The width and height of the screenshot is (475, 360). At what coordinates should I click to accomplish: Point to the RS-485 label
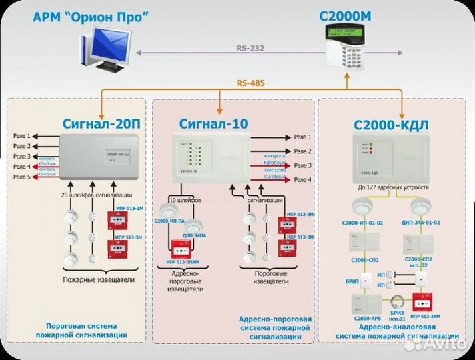tap(250, 83)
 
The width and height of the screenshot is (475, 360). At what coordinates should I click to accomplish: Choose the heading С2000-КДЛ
tap(390, 125)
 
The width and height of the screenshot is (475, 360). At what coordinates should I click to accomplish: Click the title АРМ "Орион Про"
tap(89, 17)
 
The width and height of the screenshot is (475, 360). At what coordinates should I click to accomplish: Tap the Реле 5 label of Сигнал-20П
tap(21, 177)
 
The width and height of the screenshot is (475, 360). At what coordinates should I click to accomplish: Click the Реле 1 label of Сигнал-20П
tap(21, 135)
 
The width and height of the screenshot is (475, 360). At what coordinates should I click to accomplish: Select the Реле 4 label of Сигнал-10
tap(302, 179)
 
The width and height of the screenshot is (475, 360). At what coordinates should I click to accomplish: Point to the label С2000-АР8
tap(366, 319)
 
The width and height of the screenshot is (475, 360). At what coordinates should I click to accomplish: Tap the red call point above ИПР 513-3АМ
tap(420, 303)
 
